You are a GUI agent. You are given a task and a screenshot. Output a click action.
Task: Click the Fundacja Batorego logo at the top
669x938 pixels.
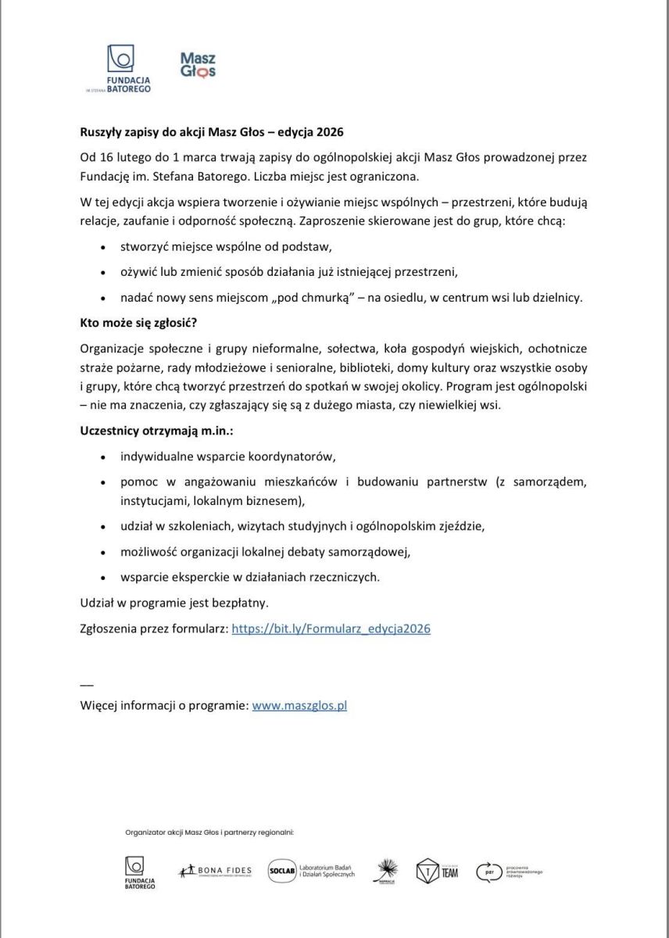[x=119, y=69]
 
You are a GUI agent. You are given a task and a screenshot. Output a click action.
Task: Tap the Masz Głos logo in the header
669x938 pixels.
[x=197, y=66]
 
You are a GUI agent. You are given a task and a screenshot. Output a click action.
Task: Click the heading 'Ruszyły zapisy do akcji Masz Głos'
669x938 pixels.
[x=212, y=131]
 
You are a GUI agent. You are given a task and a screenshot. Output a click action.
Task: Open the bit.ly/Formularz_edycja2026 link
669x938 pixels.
[x=331, y=628]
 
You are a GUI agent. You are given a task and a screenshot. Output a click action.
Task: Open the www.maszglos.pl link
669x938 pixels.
[x=299, y=705]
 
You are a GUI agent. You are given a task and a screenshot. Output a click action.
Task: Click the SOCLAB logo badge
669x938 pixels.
[x=281, y=870]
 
